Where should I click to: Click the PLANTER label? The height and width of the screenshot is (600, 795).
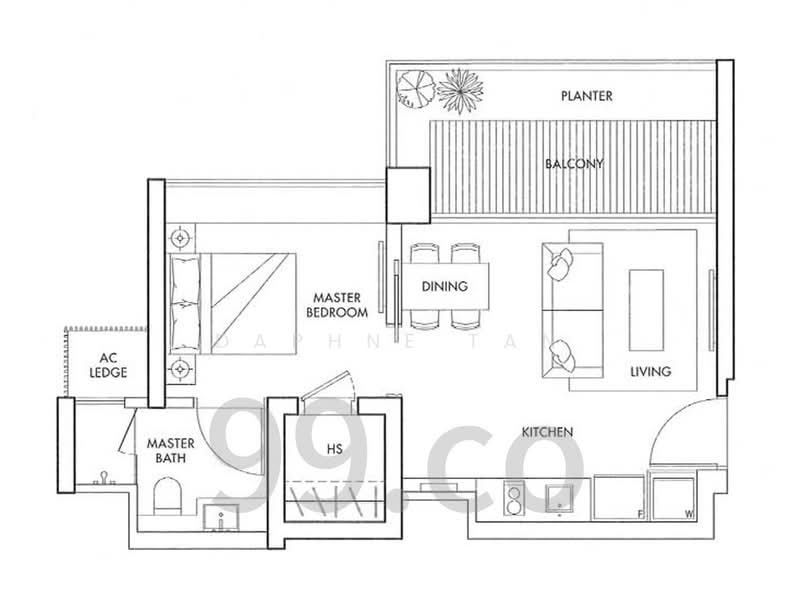point(586,97)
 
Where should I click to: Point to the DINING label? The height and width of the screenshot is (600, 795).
point(444,287)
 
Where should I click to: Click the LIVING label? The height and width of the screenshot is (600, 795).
point(650,371)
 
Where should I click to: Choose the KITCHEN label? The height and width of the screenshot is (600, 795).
point(547,432)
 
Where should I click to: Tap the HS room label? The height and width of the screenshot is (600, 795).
point(334,449)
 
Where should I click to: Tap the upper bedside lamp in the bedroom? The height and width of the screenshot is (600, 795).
point(181,240)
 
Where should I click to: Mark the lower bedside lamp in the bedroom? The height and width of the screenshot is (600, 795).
point(181,369)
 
